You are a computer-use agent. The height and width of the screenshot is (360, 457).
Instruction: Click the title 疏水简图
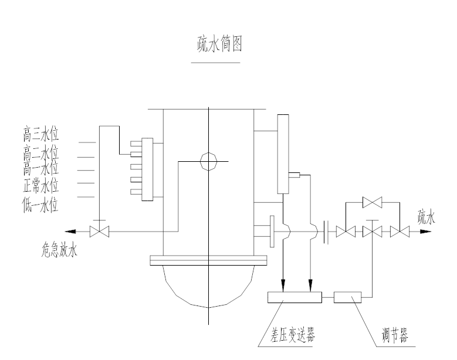[x=218, y=44]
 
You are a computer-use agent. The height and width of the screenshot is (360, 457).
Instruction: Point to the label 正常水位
[x=40, y=186]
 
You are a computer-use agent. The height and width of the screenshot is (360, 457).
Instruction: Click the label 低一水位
[x=40, y=205]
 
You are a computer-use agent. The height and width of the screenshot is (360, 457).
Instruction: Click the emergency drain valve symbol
[x=99, y=232]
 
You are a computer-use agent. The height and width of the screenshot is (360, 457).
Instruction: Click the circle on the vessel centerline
[x=208, y=161]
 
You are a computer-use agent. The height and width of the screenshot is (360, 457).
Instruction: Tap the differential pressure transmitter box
[x=294, y=297]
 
